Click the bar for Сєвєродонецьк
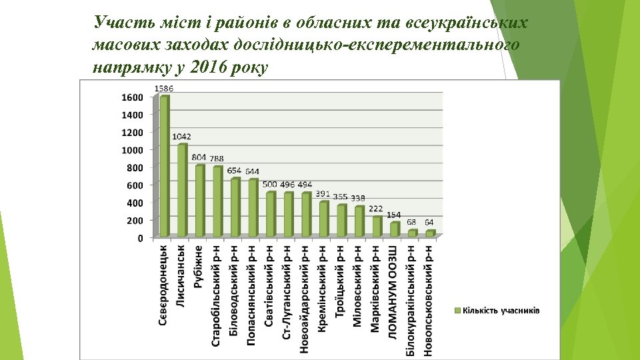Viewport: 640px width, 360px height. (x=165, y=167)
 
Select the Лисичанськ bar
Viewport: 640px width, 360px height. (x=182, y=190)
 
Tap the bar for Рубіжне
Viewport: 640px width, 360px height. (x=200, y=201)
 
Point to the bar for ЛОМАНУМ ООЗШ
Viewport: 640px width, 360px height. (x=395, y=229)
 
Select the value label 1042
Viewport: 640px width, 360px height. (x=181, y=137)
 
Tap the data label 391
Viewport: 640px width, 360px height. (x=323, y=194)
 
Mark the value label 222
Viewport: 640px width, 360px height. (x=376, y=209)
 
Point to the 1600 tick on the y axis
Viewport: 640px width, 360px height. (x=132, y=97)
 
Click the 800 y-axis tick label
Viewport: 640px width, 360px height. (x=135, y=167)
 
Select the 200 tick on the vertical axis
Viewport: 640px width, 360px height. (x=135, y=220)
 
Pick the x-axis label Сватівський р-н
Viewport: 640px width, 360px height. (x=269, y=283)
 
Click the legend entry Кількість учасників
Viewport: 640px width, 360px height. (x=501, y=311)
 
